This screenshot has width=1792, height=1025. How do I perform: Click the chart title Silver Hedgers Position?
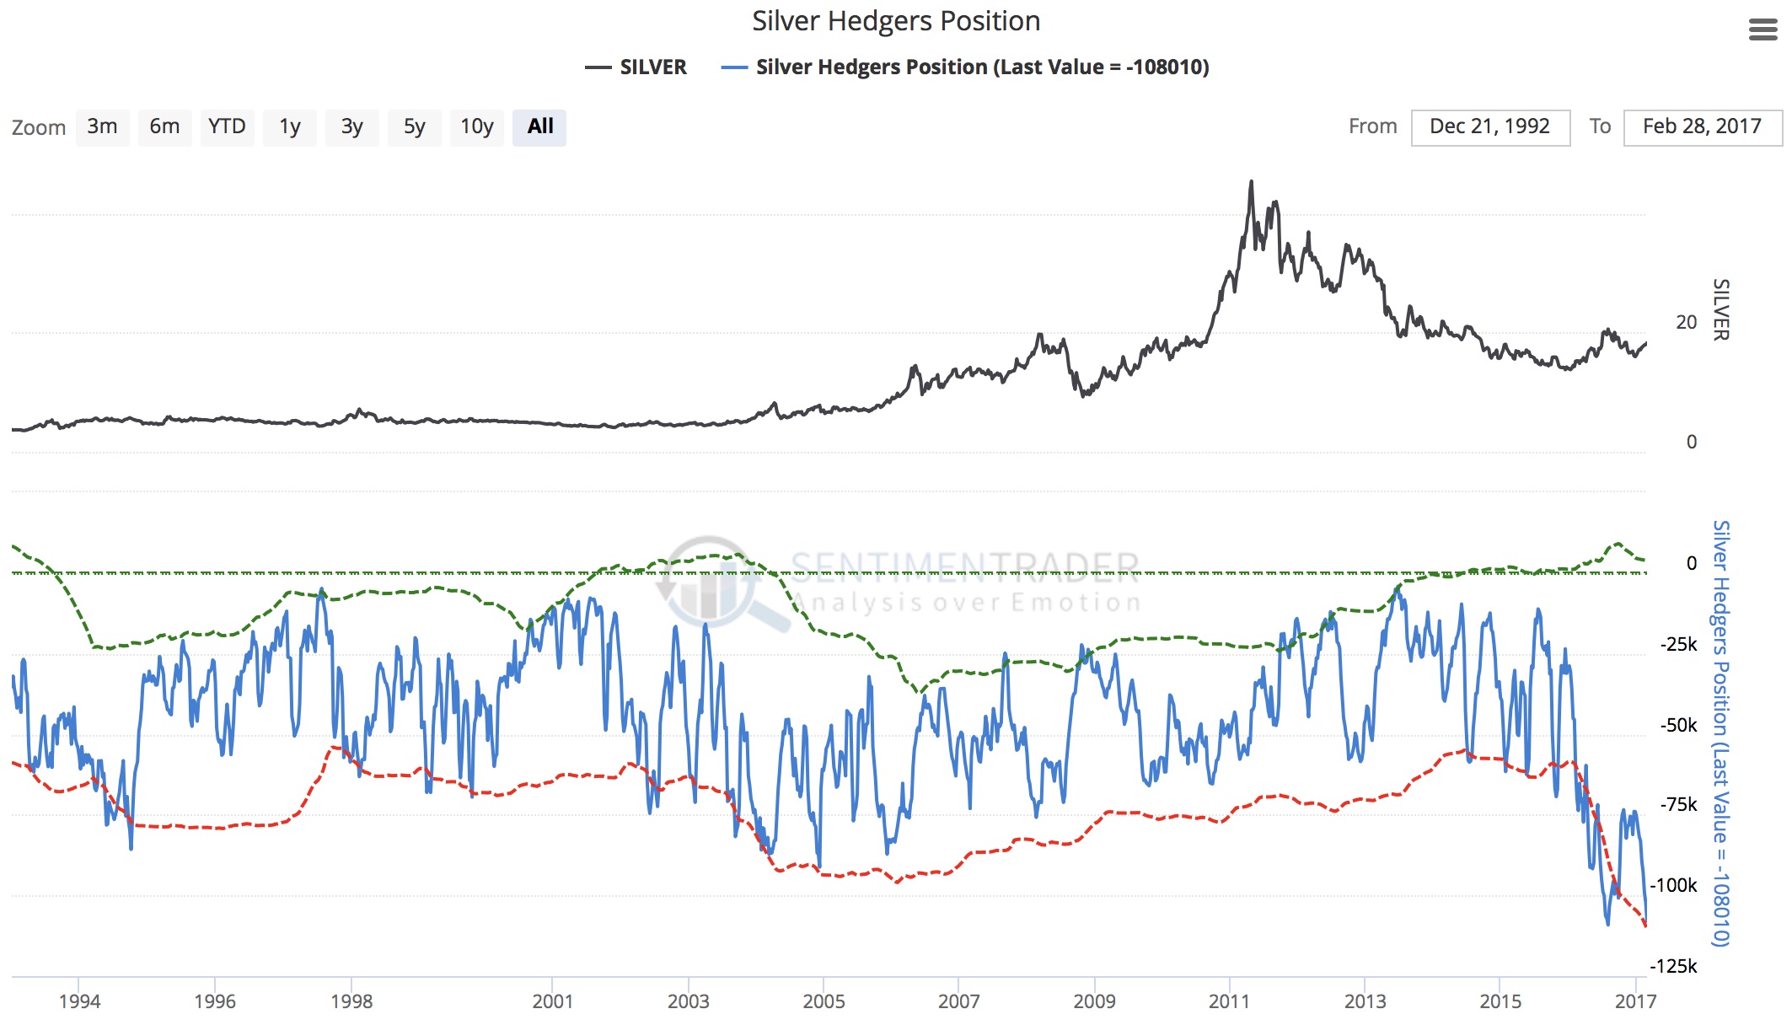click(896, 21)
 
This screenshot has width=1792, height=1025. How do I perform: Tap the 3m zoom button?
click(102, 127)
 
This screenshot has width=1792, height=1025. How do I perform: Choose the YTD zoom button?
click(227, 127)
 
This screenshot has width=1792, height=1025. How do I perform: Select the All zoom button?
click(539, 127)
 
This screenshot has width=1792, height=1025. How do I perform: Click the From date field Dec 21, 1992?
click(1489, 127)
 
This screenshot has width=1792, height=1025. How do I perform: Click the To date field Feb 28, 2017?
click(1702, 127)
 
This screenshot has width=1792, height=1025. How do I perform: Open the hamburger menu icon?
click(1762, 30)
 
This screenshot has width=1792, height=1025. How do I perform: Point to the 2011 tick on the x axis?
click(1229, 1001)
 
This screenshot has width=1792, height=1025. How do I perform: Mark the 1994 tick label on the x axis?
click(79, 1001)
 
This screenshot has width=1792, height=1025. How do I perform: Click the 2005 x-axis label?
click(824, 1001)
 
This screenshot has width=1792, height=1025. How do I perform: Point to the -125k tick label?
click(1673, 966)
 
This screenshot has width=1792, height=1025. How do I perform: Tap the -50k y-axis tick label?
click(1678, 725)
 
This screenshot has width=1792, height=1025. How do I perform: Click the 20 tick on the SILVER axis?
click(1686, 322)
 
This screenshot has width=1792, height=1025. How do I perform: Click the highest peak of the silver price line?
click(1251, 181)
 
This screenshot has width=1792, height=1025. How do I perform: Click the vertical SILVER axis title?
click(1720, 309)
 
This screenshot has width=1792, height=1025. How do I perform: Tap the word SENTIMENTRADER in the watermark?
click(965, 567)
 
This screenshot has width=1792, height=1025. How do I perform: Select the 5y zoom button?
click(414, 127)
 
